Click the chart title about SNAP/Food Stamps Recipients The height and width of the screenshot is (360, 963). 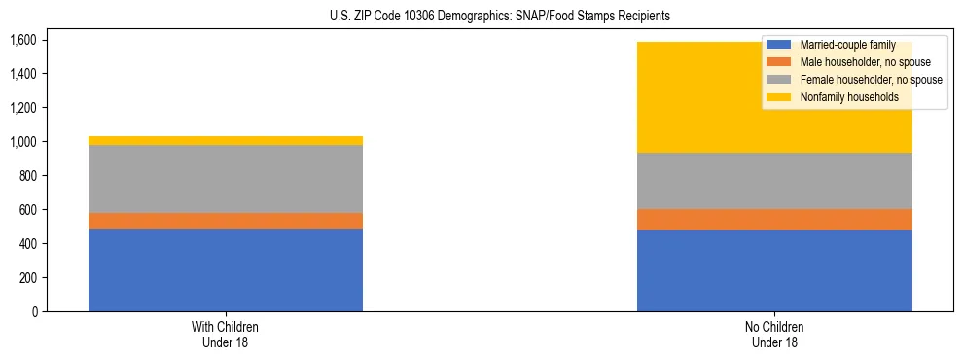pos(481,17)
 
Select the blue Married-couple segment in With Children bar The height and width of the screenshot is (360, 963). pos(226,270)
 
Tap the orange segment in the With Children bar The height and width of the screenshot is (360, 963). pos(226,221)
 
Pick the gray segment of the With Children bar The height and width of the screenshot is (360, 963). pos(226,179)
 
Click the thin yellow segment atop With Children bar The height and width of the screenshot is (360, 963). pos(226,141)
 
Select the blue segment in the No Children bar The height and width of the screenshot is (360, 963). pos(774,270)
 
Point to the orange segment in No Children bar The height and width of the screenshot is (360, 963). pos(774,220)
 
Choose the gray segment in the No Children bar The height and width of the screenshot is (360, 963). pos(774,181)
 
